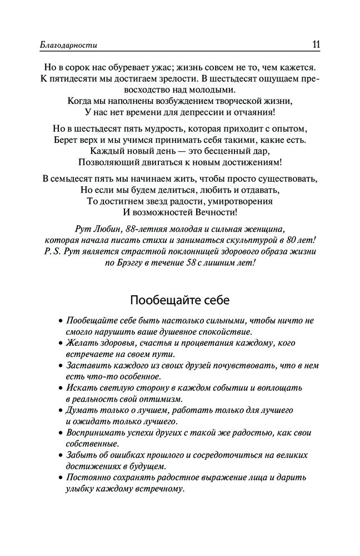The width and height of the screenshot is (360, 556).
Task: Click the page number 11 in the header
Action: click(x=313, y=44)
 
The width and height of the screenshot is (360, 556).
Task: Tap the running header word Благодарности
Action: click(x=73, y=45)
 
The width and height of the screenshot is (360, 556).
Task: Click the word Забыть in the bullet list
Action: click(x=82, y=455)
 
